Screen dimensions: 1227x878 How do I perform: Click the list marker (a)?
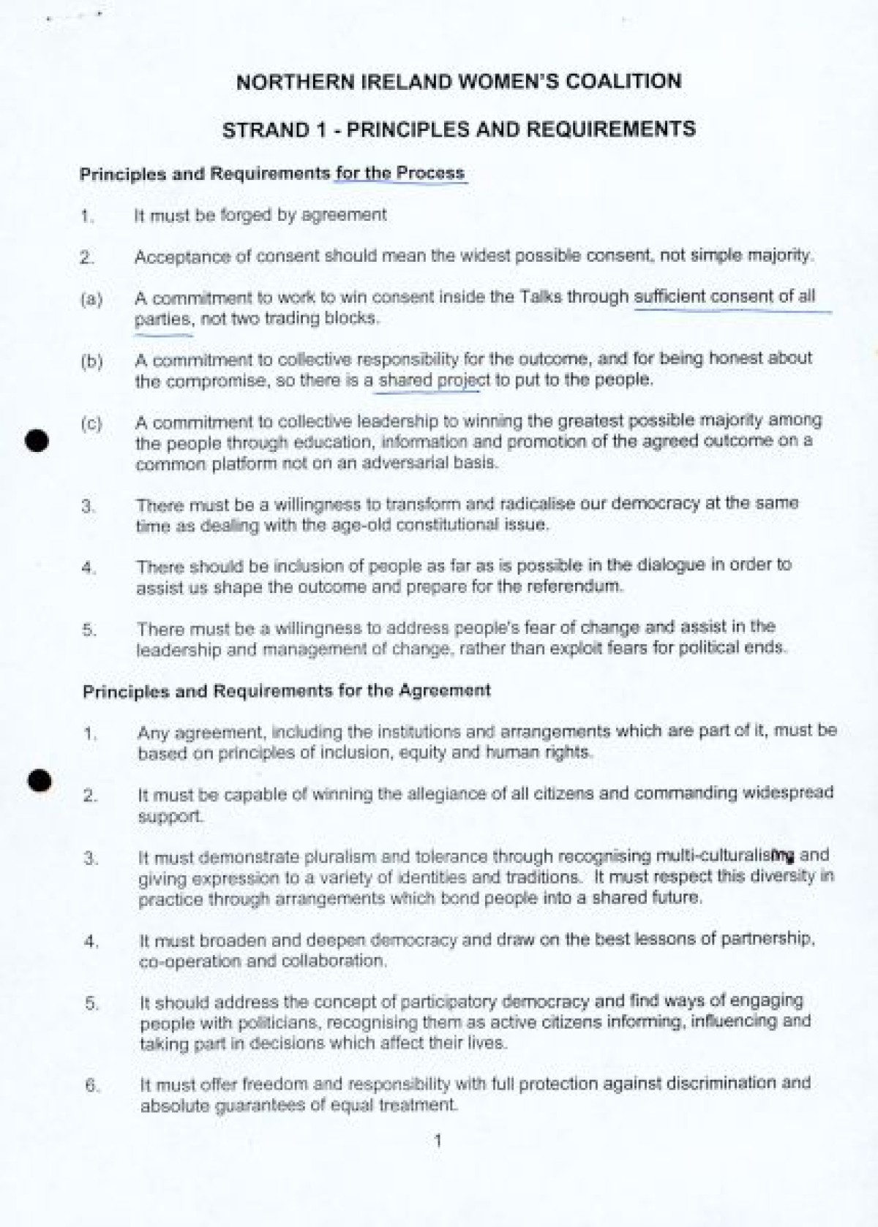91,299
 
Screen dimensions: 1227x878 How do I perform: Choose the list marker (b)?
91,361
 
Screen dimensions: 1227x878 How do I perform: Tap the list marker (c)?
91,423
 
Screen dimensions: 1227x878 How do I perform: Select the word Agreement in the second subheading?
444,690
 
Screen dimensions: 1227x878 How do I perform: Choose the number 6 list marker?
91,1085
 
